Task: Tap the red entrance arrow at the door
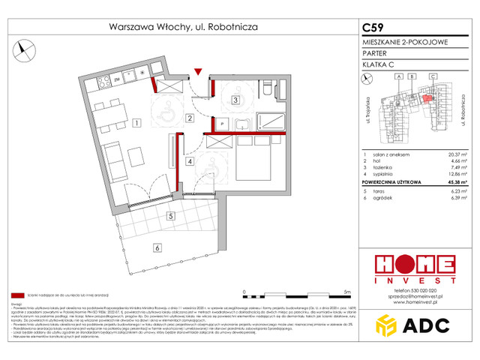(x=196, y=72)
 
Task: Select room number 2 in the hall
(x=190, y=118)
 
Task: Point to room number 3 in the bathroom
(x=235, y=100)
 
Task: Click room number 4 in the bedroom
(x=190, y=160)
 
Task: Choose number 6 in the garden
(x=156, y=247)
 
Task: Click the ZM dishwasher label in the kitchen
(x=117, y=77)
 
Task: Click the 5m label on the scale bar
(x=346, y=290)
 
